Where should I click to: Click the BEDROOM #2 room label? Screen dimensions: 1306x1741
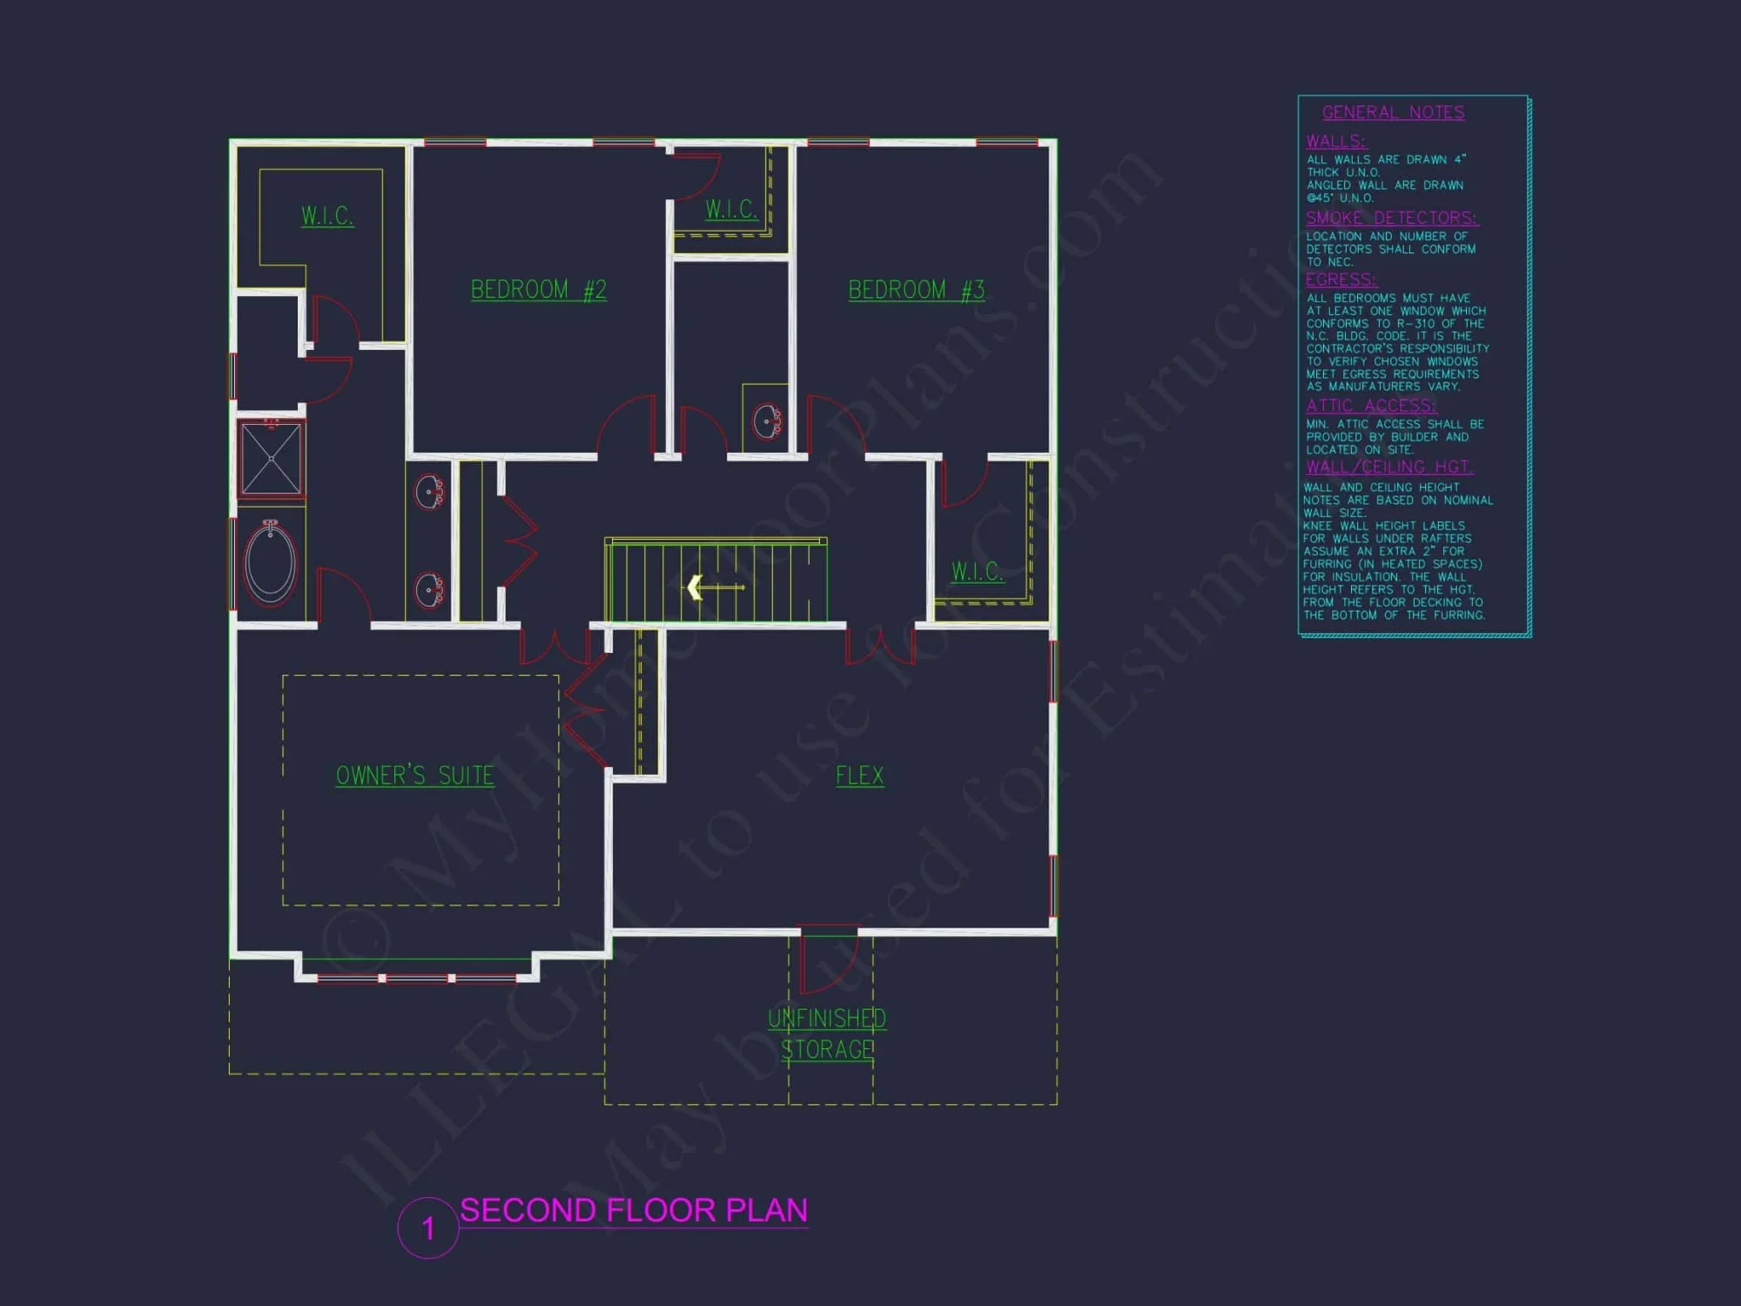tap(538, 290)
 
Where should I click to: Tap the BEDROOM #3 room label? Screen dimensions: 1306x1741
tap(916, 290)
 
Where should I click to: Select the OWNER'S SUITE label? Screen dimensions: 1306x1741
tap(414, 776)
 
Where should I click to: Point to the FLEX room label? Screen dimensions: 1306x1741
tap(859, 776)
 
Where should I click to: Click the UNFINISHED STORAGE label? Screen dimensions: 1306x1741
tap(827, 1034)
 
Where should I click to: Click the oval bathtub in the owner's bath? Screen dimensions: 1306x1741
tap(271, 562)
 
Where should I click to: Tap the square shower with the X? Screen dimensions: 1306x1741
tap(271, 458)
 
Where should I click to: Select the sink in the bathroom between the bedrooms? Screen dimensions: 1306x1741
tap(767, 421)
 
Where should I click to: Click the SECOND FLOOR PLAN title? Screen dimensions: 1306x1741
tap(634, 1210)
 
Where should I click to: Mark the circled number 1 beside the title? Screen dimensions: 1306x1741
tap(427, 1229)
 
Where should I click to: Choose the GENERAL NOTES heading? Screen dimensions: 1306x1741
tap(1393, 112)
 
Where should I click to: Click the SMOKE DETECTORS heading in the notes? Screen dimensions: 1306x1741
tap(1391, 218)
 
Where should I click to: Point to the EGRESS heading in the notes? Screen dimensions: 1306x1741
tap(1341, 279)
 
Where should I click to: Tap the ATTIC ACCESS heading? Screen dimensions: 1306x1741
tap(1371, 406)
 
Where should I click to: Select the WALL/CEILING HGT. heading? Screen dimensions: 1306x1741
tap(1389, 467)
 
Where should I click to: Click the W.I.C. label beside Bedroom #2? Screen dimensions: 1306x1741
tap(731, 210)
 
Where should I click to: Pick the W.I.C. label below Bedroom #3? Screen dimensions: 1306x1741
tap(977, 572)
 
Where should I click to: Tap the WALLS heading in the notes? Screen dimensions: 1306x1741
tap(1335, 141)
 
